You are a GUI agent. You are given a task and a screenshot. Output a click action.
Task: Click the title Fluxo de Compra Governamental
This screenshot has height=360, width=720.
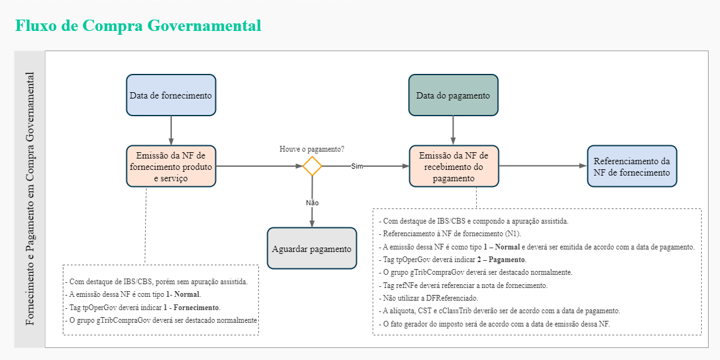tap(138, 26)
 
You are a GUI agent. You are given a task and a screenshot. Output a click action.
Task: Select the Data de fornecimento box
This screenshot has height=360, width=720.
tap(171, 95)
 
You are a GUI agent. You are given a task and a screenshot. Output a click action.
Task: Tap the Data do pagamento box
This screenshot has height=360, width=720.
tap(453, 95)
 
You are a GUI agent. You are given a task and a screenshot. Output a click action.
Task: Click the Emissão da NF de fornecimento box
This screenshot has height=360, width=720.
tap(171, 166)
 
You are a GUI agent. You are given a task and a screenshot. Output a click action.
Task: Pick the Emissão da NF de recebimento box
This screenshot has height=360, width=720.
tap(453, 166)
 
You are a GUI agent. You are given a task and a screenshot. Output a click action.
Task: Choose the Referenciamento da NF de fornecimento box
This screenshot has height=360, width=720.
tap(632, 166)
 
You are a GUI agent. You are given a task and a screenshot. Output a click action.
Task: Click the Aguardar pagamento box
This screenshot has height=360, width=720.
tap(311, 248)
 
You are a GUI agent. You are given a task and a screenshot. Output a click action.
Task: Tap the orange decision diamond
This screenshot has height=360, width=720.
tap(312, 166)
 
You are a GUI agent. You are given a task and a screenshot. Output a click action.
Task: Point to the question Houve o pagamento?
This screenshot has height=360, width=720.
tap(312, 149)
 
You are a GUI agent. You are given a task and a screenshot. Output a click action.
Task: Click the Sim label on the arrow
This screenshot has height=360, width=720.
tap(357, 166)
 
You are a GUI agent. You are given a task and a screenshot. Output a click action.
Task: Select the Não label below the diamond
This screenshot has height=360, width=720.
tap(312, 203)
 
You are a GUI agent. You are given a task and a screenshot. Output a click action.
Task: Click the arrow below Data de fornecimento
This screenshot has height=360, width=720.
tap(171, 131)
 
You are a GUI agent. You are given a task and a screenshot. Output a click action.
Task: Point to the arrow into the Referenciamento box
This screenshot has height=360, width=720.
tap(543, 165)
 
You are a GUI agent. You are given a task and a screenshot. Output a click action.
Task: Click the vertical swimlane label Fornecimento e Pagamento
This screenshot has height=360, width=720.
tap(30, 199)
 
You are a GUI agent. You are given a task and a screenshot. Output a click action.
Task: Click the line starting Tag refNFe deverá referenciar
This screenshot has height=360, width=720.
tap(463, 285)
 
